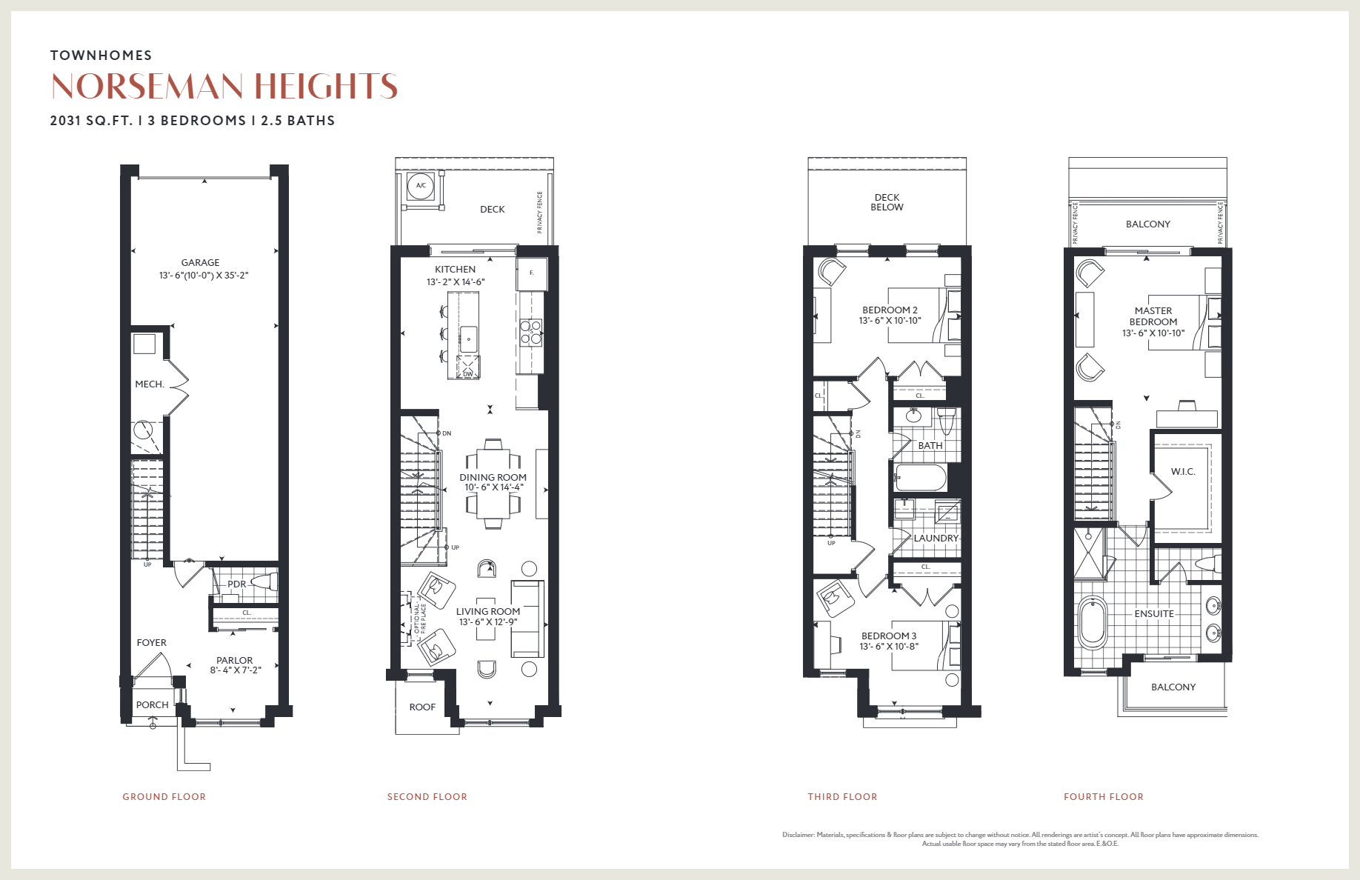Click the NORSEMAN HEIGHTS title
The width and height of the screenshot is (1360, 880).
tap(224, 86)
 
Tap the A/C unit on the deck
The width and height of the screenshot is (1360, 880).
tap(421, 186)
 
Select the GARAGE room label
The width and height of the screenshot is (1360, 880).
tap(200, 263)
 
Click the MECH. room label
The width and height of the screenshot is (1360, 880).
tap(149, 384)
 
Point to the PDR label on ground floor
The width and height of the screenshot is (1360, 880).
tap(236, 584)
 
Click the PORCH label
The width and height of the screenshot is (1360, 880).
tap(152, 704)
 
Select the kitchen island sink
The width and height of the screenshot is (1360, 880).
tap(468, 339)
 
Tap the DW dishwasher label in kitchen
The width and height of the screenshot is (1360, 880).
tap(468, 374)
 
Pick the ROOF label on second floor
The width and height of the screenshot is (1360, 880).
tap(422, 707)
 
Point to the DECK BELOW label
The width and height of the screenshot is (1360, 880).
tap(887, 202)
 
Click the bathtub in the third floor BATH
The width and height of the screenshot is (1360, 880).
tap(920, 478)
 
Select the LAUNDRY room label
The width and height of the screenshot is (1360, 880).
tap(936, 539)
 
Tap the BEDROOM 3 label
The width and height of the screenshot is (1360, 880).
tap(889, 636)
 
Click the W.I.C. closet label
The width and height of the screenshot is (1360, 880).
tap(1182, 472)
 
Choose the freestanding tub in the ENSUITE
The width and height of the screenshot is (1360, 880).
tap(1093, 622)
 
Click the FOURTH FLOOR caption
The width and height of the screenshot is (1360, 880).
tap(1103, 797)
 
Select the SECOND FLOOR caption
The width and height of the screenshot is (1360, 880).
tap(427, 797)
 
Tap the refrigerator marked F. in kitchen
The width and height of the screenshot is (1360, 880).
tap(531, 273)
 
